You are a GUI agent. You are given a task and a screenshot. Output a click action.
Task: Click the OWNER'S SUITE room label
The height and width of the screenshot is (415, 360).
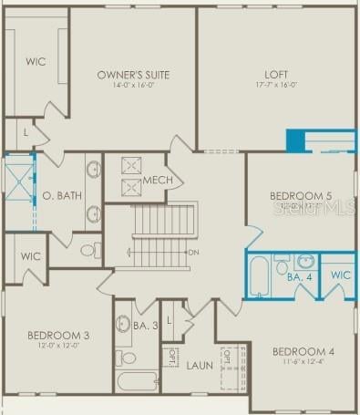[x=134, y=75]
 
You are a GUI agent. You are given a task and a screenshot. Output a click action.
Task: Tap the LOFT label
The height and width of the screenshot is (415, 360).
[x=276, y=75]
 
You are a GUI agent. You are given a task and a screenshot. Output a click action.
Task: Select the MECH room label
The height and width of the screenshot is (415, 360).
[x=159, y=181]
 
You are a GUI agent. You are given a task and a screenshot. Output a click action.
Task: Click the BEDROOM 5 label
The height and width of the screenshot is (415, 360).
[x=301, y=196]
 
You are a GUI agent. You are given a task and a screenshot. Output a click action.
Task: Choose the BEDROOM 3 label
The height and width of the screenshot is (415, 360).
[x=58, y=335]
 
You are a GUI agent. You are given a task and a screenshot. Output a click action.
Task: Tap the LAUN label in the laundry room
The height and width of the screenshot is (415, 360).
[x=200, y=366]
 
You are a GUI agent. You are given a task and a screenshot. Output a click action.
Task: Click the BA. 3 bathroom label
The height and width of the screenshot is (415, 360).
[x=146, y=326]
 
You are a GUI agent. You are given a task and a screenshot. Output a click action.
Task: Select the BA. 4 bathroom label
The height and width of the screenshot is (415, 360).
[x=300, y=276]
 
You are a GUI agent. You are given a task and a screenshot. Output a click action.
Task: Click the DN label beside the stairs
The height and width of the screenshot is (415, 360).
[x=193, y=253]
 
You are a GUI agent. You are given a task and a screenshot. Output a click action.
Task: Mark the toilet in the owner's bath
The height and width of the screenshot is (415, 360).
[x=90, y=249]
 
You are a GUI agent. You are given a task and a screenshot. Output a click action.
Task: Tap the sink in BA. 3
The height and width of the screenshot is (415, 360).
[x=124, y=322]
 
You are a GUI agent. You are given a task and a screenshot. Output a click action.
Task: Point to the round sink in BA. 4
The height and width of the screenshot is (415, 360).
[x=305, y=261]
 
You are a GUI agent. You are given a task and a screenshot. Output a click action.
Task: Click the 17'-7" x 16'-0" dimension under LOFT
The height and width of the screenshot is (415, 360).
[x=276, y=86]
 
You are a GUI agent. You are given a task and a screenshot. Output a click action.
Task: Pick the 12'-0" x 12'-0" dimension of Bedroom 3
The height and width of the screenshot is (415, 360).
[x=58, y=346]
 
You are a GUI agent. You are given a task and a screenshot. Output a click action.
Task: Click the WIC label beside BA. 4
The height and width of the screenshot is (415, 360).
[x=340, y=275]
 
